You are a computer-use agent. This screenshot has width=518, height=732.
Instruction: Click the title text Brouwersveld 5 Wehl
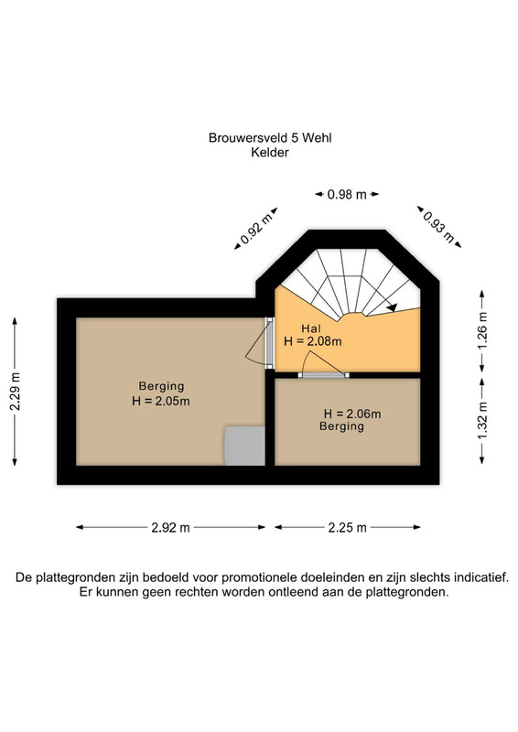[270, 138]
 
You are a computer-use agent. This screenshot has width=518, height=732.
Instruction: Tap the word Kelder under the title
[270, 152]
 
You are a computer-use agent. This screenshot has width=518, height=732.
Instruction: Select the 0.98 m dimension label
[347, 194]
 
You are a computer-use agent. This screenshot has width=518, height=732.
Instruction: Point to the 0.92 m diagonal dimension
[256, 228]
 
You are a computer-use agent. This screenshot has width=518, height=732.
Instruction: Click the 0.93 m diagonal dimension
[438, 227]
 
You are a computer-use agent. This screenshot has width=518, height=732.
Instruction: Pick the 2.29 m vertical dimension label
[15, 392]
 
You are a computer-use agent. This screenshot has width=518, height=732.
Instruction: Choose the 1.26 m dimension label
[482, 330]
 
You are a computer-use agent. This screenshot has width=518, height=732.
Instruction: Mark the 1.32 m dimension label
[482, 421]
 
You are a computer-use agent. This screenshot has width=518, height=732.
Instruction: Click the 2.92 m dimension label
[170, 528]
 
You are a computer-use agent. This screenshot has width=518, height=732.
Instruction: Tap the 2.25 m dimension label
[347, 528]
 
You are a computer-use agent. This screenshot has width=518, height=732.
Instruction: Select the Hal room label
[311, 328]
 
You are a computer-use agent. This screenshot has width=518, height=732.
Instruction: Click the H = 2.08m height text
[312, 341]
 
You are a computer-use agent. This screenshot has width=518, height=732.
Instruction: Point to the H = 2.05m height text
[161, 401]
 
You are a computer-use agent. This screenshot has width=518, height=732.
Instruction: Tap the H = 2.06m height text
[352, 414]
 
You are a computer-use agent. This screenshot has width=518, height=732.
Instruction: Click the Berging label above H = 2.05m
[161, 386]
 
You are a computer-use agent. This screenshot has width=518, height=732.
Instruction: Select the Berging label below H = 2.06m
[341, 426]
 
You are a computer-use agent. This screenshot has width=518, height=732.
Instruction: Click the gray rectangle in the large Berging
[244, 446]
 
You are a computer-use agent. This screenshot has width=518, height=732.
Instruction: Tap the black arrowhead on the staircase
[393, 307]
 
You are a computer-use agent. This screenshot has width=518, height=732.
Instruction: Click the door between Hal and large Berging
[268, 343]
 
